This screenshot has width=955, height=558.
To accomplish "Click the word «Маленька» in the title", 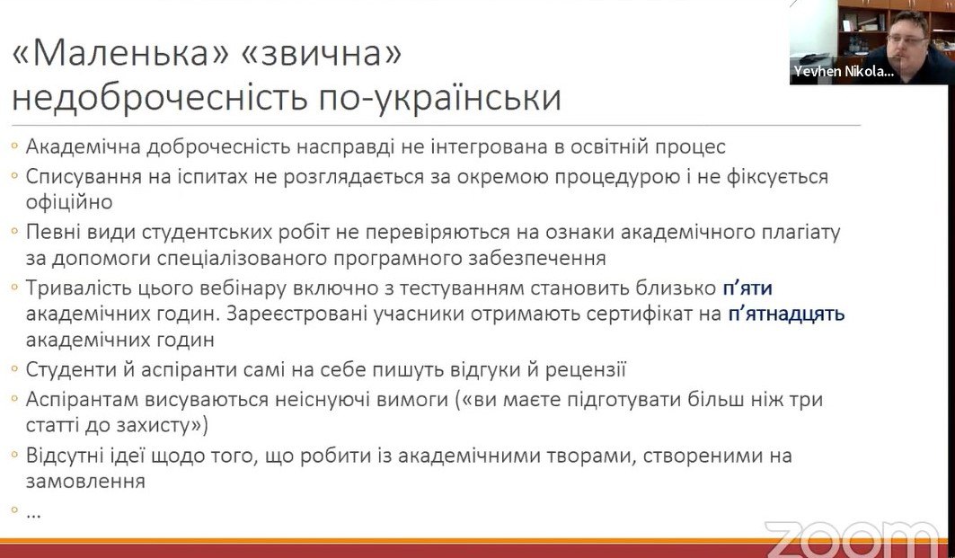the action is point(120,53).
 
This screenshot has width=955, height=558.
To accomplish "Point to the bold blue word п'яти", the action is point(747,288).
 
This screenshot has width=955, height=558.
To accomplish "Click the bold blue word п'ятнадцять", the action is point(786,314).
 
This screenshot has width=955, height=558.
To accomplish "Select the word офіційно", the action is point(69,201).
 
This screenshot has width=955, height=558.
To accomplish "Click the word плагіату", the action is point(801,232).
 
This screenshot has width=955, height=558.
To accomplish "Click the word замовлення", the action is point(85,482).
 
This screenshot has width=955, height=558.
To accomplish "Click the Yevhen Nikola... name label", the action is point(844,71).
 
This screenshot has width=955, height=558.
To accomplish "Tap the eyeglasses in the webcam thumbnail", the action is point(906,38).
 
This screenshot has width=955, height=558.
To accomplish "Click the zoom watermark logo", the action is point(853,539).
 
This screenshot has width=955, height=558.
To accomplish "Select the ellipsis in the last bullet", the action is point(33,515).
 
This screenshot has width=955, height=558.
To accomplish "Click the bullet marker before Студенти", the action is point(14,369).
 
